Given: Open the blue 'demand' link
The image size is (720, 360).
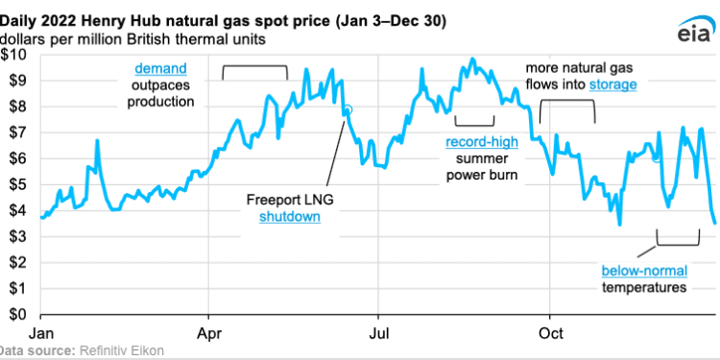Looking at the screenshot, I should tap(159, 68).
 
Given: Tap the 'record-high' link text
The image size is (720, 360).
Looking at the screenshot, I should tap(482, 142).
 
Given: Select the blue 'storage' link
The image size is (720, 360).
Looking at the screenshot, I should tap(613, 85).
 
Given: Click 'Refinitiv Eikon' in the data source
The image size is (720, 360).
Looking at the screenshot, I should tap(120, 351).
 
